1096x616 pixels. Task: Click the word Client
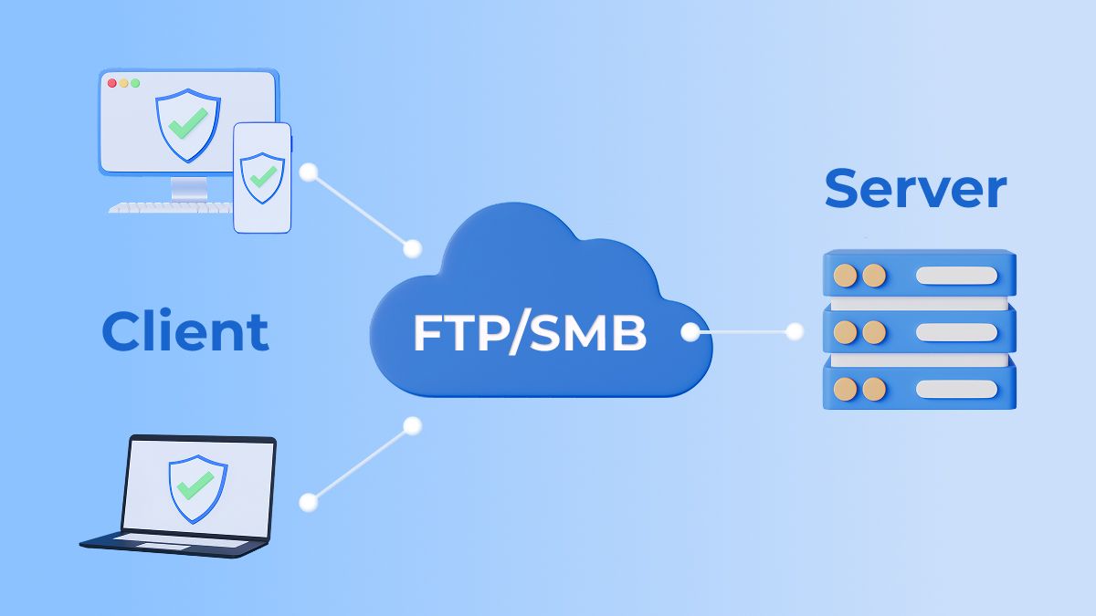point(185,330)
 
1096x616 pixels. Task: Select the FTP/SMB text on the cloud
point(530,334)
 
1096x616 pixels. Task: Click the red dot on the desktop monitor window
point(112,83)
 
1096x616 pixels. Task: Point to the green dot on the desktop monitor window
point(135,83)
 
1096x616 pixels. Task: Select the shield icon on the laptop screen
point(197,487)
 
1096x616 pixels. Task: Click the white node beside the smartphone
point(309,171)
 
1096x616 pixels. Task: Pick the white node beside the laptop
point(309,501)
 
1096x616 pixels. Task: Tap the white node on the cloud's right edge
point(690,332)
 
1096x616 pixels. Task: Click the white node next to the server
point(795,332)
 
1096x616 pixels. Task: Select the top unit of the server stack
point(919,274)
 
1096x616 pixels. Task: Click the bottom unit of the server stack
point(919,388)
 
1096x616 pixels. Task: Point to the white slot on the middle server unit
point(956,332)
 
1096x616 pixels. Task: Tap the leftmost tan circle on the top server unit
point(846,276)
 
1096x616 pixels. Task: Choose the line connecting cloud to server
point(743,332)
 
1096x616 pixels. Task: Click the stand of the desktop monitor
point(189,188)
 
